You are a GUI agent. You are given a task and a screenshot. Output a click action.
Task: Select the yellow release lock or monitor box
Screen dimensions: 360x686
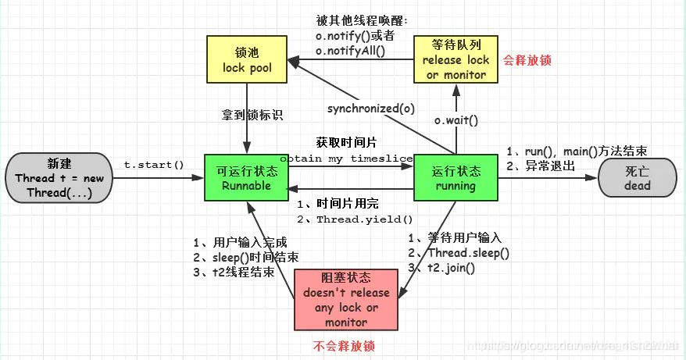coord(456,59)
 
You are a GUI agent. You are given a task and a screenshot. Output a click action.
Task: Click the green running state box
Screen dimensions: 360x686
coord(456,178)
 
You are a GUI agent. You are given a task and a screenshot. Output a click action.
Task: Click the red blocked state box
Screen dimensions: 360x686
coord(345,300)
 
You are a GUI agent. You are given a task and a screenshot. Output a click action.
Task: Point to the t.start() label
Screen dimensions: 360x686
coord(154,165)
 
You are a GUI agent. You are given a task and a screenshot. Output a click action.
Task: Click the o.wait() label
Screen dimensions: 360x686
coord(456,120)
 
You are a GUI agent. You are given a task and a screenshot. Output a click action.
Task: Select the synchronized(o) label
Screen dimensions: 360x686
coord(371,108)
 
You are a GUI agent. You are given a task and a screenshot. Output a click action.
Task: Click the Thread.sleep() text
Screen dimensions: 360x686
coord(468,253)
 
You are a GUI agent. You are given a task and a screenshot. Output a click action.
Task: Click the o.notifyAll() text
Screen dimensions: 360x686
coord(351,51)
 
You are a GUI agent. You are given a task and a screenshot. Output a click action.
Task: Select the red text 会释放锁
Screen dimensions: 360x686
coord(527,59)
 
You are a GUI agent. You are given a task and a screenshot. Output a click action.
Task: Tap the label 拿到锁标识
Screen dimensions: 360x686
coord(251,115)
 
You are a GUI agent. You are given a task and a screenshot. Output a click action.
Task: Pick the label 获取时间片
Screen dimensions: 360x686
coord(346,143)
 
